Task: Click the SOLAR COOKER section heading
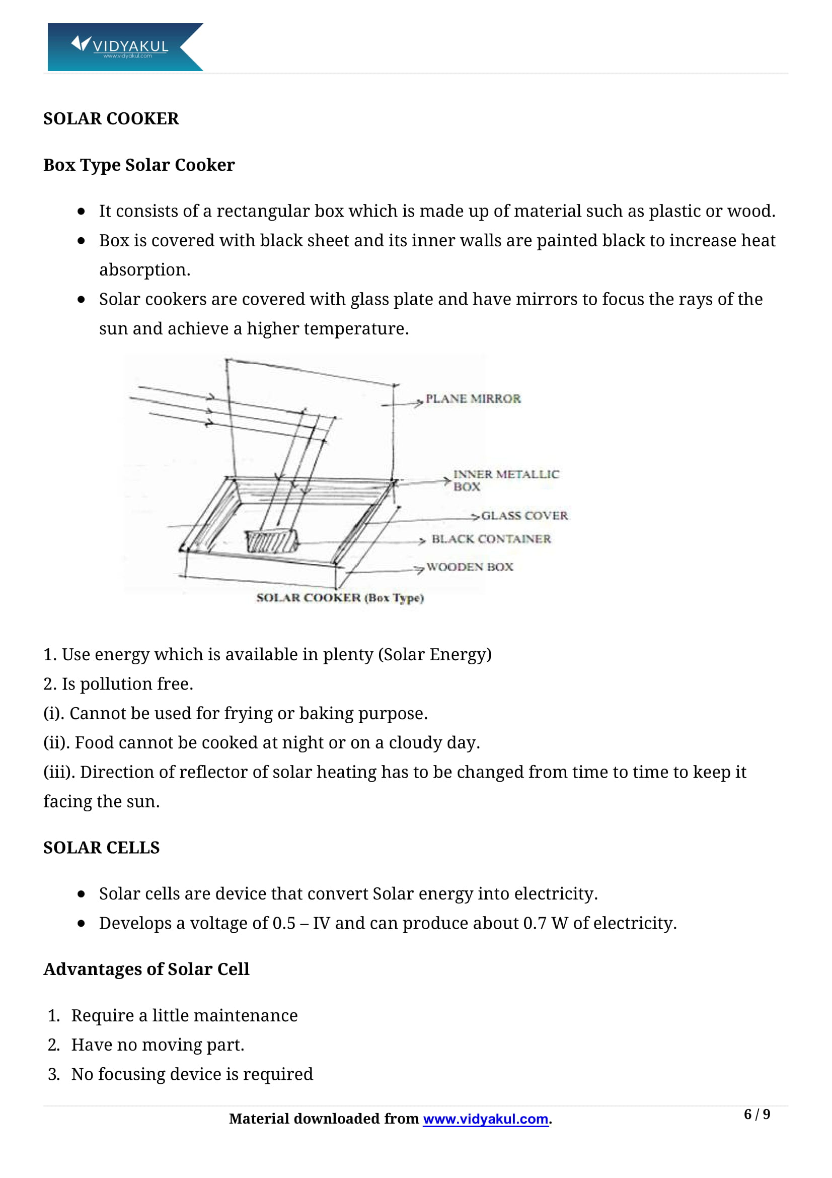click(111, 118)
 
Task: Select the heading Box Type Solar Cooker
click(139, 165)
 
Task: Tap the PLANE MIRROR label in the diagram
click(473, 399)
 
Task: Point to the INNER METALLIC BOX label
click(505, 480)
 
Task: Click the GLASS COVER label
click(524, 515)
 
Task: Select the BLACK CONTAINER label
click(491, 539)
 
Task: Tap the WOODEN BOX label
click(469, 567)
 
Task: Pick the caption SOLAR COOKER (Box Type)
click(340, 598)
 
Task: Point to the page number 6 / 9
click(757, 1114)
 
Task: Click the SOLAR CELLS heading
click(102, 848)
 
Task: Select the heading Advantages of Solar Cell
click(146, 968)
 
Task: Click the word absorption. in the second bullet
click(144, 270)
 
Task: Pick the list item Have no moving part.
click(158, 1045)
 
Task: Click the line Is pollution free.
click(127, 684)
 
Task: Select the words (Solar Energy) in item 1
click(435, 655)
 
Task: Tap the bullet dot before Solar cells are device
click(81, 894)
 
